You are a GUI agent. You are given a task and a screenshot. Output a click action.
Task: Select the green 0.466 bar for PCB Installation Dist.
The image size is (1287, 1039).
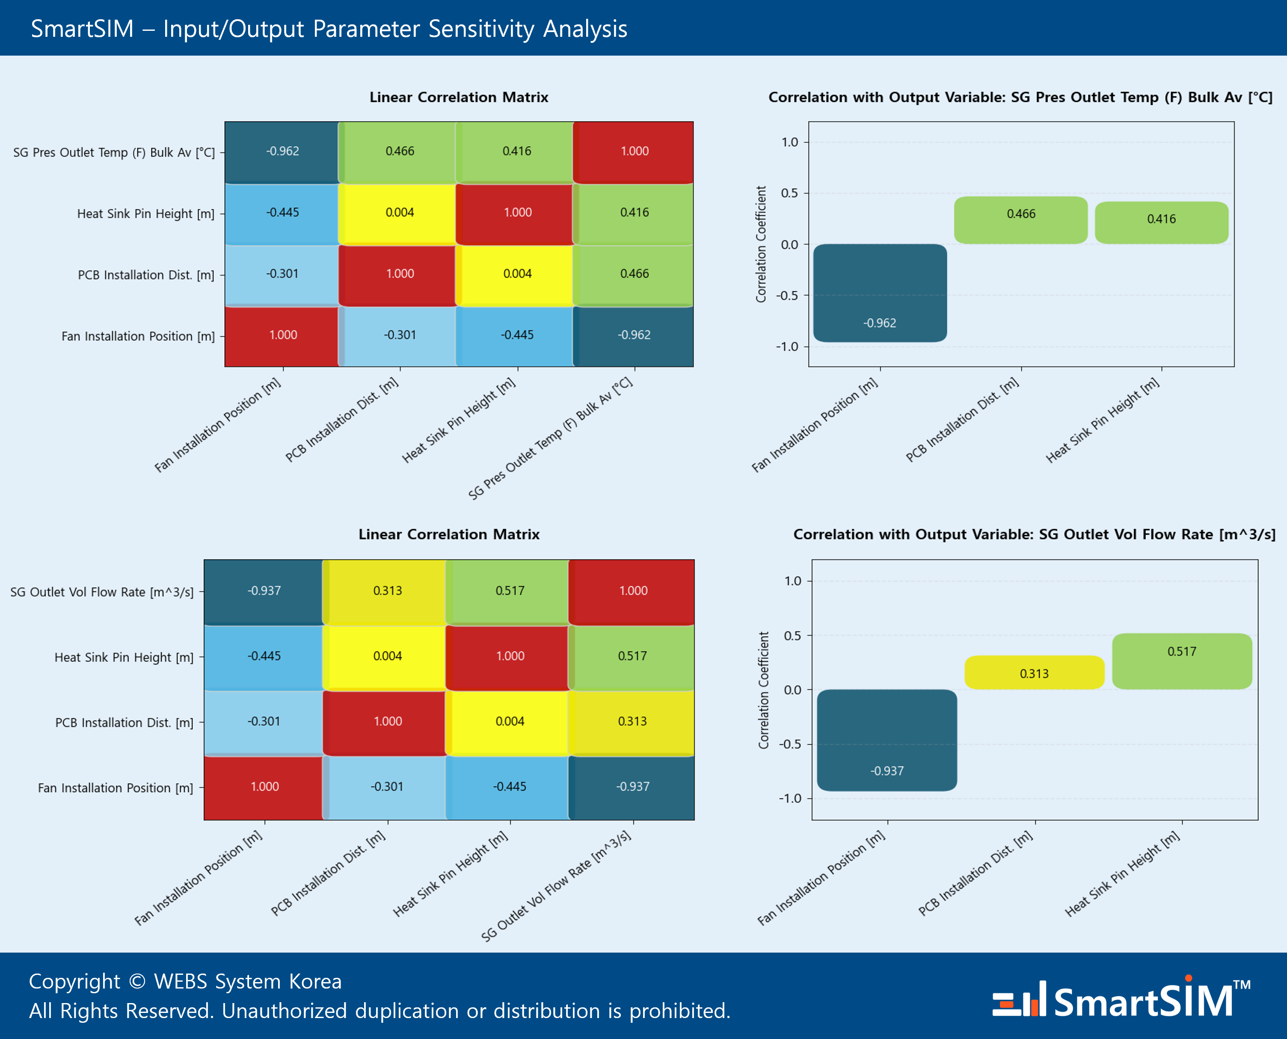coord(1020,220)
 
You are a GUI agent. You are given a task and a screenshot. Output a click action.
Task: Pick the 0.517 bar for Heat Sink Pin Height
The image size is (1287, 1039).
coord(1182,661)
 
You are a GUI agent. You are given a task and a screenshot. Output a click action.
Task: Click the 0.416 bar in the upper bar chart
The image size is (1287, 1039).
coord(1161,222)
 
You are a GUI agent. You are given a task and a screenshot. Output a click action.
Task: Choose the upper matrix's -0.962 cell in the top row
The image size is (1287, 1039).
coord(282,151)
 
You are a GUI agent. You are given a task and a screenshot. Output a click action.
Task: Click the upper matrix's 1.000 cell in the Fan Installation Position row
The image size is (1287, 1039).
coord(282,335)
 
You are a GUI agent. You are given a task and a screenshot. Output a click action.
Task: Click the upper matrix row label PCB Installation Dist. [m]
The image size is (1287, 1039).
coord(145,275)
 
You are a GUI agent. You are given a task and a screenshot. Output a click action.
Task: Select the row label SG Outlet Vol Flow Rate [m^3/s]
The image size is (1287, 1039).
coord(102,592)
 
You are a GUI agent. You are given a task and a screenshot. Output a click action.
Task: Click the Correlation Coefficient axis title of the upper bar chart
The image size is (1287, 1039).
coord(761,244)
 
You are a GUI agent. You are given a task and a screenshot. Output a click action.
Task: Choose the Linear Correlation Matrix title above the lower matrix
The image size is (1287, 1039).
coord(449,534)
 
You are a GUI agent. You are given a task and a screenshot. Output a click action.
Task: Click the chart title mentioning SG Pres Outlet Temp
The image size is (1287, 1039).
coord(1020,97)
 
